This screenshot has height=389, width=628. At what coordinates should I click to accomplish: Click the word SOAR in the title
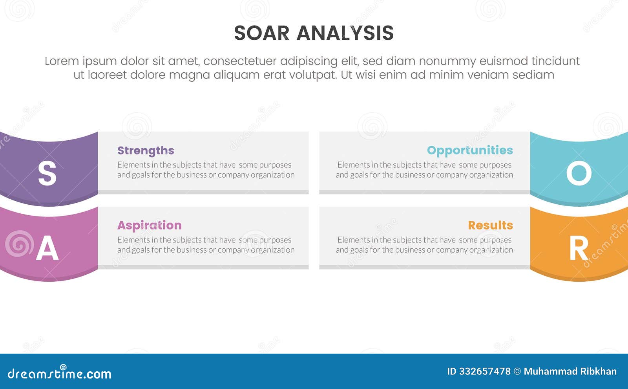pyautogui.click(x=261, y=33)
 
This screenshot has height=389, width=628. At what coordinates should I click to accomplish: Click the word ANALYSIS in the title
pyautogui.click(x=345, y=33)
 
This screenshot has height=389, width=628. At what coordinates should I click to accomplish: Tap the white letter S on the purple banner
pyautogui.click(x=47, y=174)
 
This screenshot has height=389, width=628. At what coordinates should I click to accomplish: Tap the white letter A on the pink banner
pyautogui.click(x=47, y=249)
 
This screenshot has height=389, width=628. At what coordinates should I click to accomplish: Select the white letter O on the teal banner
pyautogui.click(x=579, y=174)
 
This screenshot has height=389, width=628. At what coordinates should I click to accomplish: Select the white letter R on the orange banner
pyautogui.click(x=579, y=249)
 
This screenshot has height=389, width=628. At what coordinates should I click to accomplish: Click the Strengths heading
pyautogui.click(x=146, y=150)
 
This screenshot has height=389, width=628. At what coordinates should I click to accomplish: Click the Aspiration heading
pyautogui.click(x=149, y=225)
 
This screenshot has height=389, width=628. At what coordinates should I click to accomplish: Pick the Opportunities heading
pyautogui.click(x=470, y=150)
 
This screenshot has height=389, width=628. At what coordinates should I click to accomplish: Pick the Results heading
pyautogui.click(x=490, y=225)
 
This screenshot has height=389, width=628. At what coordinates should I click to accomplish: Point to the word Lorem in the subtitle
pyautogui.click(x=62, y=61)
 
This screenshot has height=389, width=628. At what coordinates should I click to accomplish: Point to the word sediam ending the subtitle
pyautogui.click(x=535, y=75)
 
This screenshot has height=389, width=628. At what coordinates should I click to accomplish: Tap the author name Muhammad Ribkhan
pyautogui.click(x=570, y=371)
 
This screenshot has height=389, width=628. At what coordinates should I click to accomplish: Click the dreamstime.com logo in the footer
pyautogui.click(x=59, y=373)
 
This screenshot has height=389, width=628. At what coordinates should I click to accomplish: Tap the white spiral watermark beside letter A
pyautogui.click(x=19, y=244)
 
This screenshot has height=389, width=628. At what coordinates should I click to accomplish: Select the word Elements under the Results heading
pyautogui.click(x=354, y=240)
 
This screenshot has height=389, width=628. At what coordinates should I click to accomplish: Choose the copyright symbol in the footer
pyautogui.click(x=517, y=371)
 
